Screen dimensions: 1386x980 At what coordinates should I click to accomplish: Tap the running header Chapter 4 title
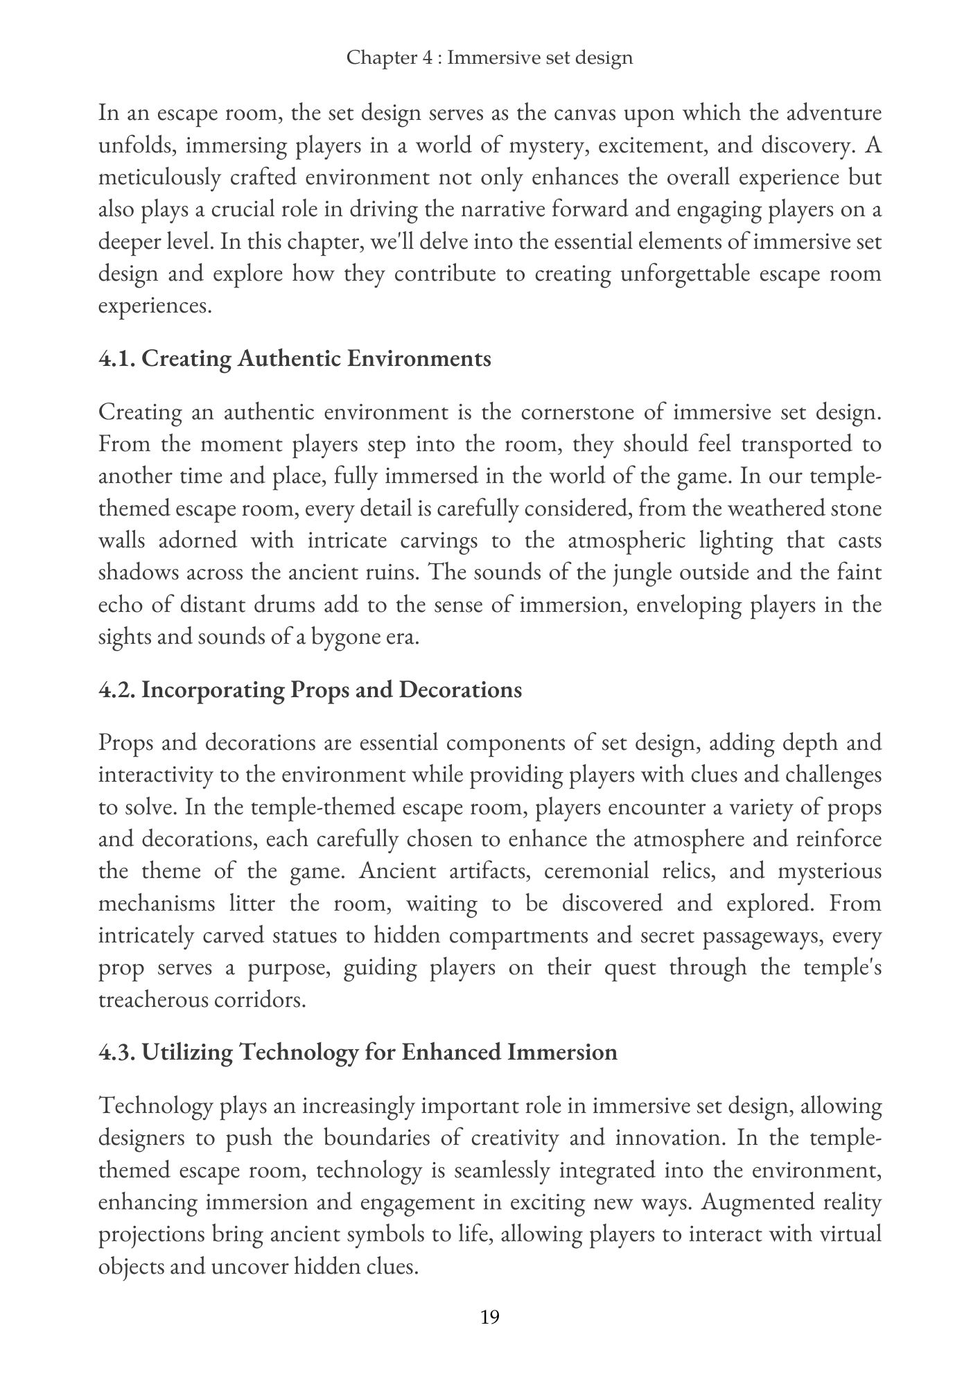click(489, 57)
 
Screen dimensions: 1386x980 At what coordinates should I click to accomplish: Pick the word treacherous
click(154, 1000)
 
